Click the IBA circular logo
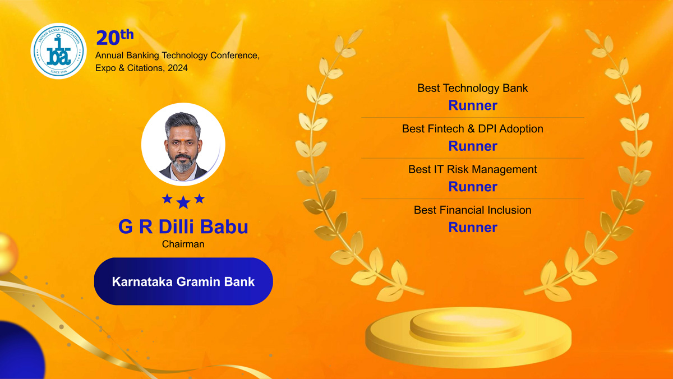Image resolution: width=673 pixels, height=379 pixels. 58,51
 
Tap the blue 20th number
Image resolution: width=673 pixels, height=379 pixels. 115,37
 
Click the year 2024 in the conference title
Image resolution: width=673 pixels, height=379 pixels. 178,68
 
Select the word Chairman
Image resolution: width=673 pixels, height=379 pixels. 183,244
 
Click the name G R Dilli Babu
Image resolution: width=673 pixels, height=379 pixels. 183,227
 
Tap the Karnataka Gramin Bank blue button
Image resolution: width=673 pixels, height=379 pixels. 183,281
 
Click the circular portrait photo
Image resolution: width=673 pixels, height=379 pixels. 183,144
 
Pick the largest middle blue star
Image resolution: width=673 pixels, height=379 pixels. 183,202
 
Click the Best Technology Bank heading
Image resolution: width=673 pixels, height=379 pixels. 472,88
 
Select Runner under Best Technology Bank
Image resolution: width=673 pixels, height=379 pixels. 473,105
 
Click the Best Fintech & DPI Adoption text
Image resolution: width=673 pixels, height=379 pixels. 473,129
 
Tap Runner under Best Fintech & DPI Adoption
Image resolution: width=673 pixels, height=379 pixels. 473,146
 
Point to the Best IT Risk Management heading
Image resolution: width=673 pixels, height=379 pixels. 473,169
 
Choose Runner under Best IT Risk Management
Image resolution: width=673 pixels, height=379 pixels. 473,187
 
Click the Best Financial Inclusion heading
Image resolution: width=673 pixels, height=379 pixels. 473,210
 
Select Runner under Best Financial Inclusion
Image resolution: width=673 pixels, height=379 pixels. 473,227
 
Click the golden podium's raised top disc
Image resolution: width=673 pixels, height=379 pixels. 465,323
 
